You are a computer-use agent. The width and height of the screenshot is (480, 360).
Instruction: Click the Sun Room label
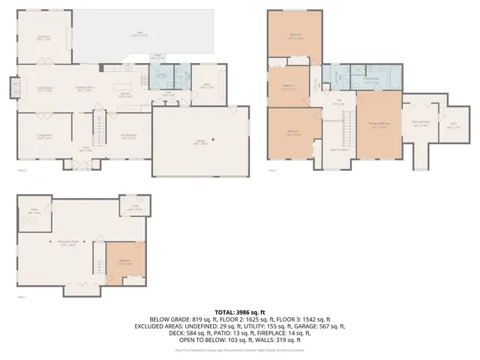tap(44, 37)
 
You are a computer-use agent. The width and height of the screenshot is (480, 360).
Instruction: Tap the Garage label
tap(201, 142)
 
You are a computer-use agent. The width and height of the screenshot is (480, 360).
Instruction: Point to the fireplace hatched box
tap(14, 88)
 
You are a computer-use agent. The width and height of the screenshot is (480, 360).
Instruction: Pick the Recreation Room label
tap(69, 241)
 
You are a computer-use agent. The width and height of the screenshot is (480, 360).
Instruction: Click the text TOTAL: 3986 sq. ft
tap(240, 312)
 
